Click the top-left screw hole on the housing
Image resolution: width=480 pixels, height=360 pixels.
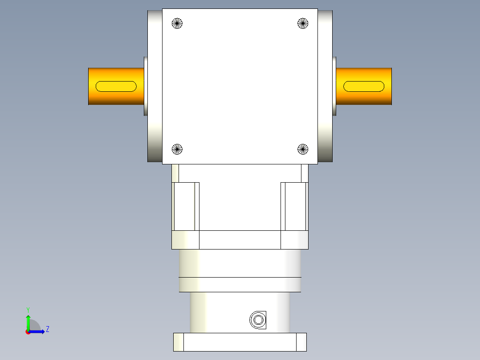coord(177,23)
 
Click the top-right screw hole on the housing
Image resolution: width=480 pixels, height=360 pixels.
coord(303,23)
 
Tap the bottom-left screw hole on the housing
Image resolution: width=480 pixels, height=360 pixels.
coord(177,149)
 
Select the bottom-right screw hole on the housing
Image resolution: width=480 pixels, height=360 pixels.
coord(303,149)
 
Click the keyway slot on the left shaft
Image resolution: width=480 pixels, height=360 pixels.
coord(116,86)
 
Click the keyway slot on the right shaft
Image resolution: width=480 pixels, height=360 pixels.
coord(364,86)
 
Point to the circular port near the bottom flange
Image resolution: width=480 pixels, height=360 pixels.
coord(257,319)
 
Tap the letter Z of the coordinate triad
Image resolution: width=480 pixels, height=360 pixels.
coord(47,329)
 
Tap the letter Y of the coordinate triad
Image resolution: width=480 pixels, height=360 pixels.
coord(28,309)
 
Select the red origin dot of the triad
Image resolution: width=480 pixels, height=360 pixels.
coord(28,332)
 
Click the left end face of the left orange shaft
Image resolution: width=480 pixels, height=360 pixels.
coord(89,86)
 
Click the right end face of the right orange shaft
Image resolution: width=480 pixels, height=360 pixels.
coord(391,86)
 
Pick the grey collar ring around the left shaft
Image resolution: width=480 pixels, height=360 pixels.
coord(146,86)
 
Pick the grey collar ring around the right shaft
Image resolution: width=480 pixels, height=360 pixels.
coord(334,86)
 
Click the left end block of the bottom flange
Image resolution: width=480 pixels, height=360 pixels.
coord(179,342)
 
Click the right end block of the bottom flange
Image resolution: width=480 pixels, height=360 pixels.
coord(301,342)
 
